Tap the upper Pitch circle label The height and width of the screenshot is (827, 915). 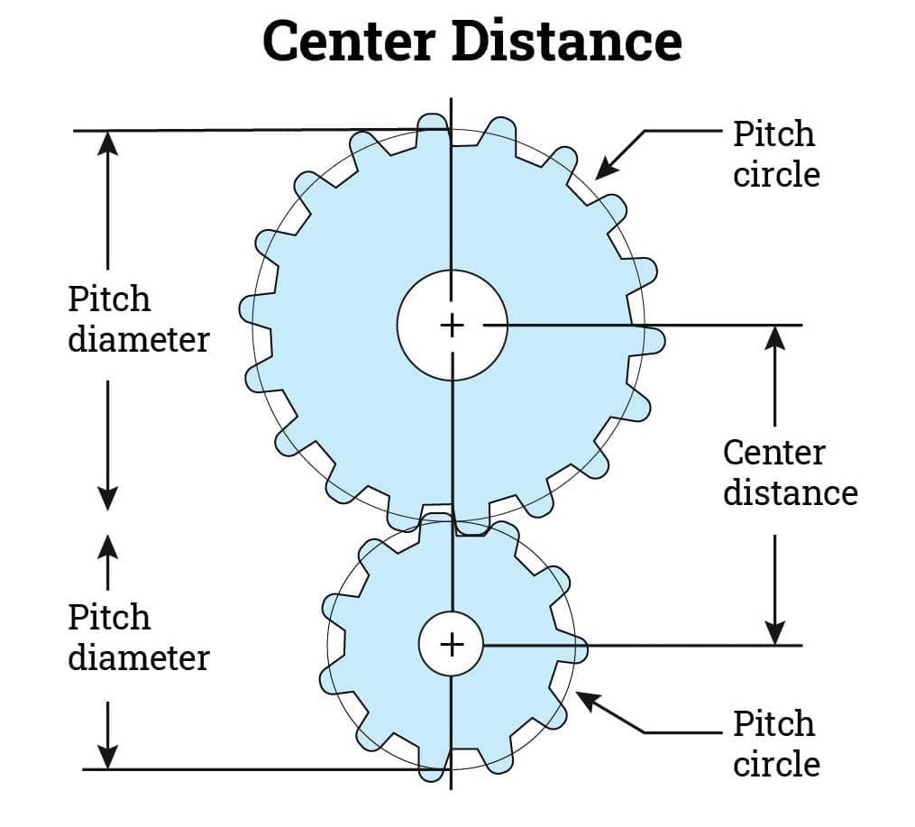[775, 153]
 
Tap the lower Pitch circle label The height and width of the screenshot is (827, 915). [775, 743]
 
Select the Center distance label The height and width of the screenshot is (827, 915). [790, 473]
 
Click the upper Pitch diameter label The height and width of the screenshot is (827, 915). [138, 319]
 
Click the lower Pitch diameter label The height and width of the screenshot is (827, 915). [138, 638]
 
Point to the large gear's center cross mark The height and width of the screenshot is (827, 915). [452, 324]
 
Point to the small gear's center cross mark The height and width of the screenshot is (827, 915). [452, 644]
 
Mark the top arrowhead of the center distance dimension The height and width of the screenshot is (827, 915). [775, 336]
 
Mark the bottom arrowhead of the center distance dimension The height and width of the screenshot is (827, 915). [775, 633]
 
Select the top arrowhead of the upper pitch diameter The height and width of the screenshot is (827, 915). [108, 143]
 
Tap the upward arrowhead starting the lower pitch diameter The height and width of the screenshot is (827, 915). [108, 547]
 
